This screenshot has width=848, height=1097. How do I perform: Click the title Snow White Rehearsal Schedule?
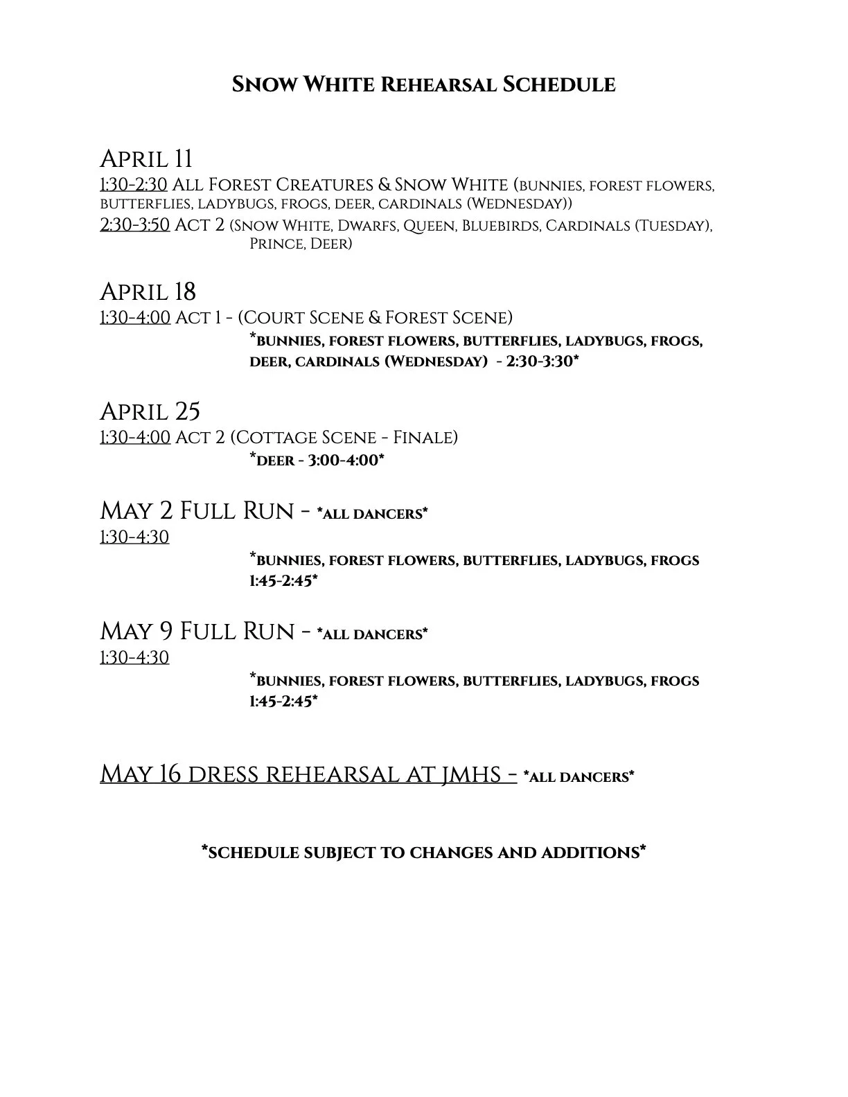click(x=423, y=85)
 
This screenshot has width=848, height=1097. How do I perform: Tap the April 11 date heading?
click(x=146, y=159)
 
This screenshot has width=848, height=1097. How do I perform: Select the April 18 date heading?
click(x=148, y=292)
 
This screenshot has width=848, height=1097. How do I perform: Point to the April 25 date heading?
click(x=150, y=412)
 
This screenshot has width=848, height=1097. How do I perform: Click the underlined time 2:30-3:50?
click(x=134, y=226)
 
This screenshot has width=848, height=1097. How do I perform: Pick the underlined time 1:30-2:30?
click(x=134, y=186)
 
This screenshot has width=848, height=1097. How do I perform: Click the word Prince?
click(x=276, y=244)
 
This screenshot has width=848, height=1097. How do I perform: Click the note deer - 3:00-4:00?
click(x=317, y=460)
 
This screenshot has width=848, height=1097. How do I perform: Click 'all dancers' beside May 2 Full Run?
click(x=372, y=514)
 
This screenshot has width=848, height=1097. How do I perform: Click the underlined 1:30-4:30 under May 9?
click(x=134, y=657)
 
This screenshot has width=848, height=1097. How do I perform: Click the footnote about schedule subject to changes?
click(x=423, y=853)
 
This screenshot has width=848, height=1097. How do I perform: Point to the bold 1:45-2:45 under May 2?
click(x=283, y=581)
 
